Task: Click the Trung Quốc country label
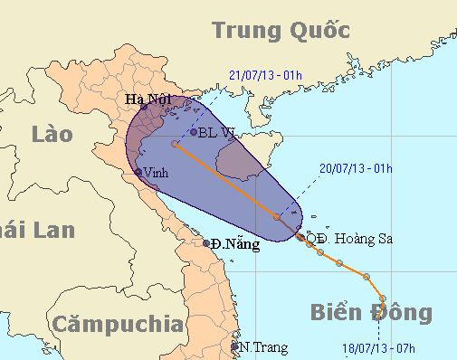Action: [x=281, y=31]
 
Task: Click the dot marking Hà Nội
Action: [x=144, y=108]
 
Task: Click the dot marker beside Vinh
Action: [x=138, y=172]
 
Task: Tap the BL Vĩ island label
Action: [x=216, y=132]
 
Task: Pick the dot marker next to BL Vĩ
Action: [x=193, y=132]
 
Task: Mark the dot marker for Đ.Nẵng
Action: [x=207, y=242]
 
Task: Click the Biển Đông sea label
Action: [x=370, y=314]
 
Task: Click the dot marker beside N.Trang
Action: [x=234, y=346]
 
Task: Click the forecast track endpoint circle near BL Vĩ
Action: [x=175, y=143]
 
